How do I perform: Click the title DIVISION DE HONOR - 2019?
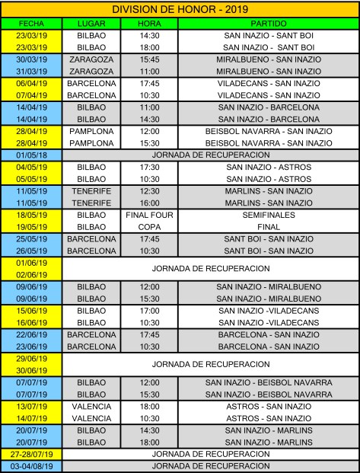[180, 9]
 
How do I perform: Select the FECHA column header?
[32, 24]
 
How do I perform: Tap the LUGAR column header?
[91, 24]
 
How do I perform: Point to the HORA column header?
[149, 24]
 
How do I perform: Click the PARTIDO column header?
[268, 24]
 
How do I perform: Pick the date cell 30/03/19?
[32, 59]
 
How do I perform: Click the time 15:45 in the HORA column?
[149, 59]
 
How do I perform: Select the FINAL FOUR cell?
[149, 216]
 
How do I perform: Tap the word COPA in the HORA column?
[149, 227]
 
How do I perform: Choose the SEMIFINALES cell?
[268, 216]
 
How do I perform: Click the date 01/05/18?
[32, 155]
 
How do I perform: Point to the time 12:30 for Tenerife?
[149, 191]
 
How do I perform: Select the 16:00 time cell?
[149, 203]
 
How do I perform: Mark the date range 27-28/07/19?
[32, 454]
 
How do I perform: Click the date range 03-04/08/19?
[32, 465]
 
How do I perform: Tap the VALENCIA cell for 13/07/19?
[91, 407]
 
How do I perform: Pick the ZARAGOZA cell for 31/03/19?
[91, 71]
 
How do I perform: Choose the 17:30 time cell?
[149, 167]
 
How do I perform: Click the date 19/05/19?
[32, 227]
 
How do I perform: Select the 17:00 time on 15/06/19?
[149, 311]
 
